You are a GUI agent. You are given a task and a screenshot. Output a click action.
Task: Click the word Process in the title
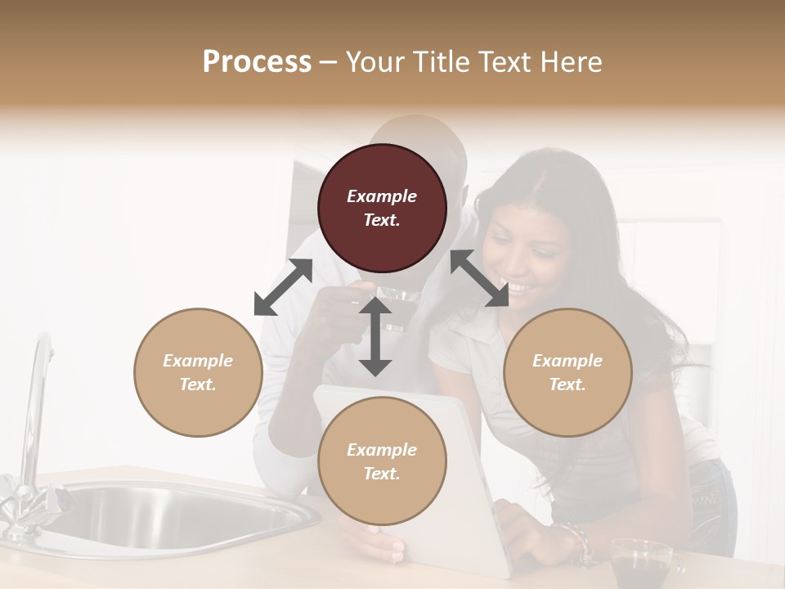[257, 62]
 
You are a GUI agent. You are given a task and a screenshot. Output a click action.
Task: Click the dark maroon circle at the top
[382, 208]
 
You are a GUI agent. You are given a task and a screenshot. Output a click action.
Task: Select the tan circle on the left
[198, 372]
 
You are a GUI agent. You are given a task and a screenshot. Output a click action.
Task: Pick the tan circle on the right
[567, 372]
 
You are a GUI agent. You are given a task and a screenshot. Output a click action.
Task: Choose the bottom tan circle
[382, 461]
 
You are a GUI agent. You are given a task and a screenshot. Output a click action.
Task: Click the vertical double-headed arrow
[375, 337]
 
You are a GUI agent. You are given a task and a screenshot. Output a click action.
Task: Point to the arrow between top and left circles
[283, 287]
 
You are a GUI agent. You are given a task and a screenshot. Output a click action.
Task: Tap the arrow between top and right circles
[479, 279]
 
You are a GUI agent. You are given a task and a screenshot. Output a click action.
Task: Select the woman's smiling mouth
[518, 288]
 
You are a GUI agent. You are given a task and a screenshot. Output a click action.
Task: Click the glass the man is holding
[396, 306]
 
